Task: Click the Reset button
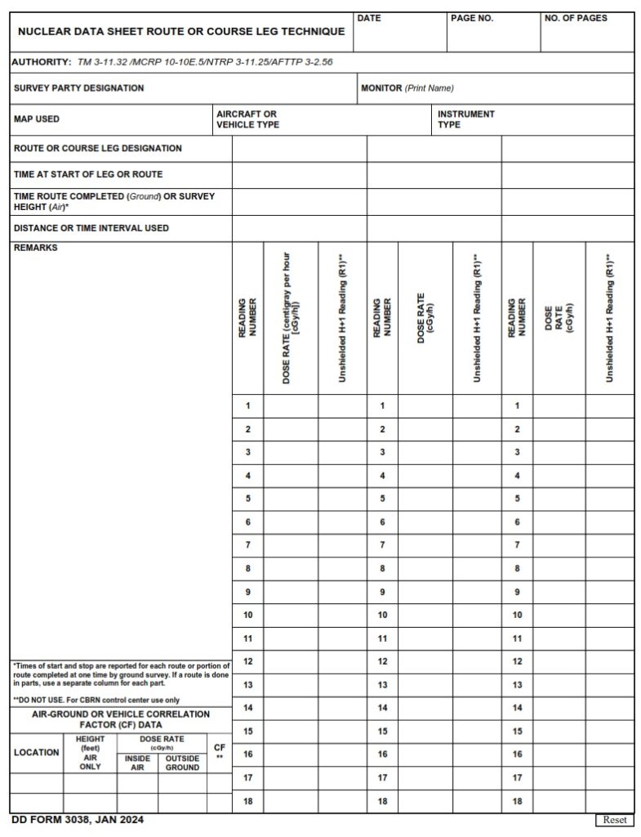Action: [614, 820]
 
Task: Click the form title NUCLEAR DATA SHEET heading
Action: [181, 31]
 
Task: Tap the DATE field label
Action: [369, 18]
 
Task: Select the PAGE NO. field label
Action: [471, 18]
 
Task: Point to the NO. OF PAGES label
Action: [575, 18]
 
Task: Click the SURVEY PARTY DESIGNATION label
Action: [78, 88]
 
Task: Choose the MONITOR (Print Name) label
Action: [407, 88]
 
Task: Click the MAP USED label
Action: [37, 119]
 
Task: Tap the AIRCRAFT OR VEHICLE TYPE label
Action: [247, 119]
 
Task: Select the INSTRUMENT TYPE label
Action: [465, 119]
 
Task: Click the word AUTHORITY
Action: [42, 62]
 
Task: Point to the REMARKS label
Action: [36, 248]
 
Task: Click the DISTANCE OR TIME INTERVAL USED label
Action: [91, 228]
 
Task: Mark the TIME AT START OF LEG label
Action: [88, 174]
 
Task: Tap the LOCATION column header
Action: [36, 753]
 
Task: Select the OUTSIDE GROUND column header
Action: [182, 763]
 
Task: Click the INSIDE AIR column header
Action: [137, 763]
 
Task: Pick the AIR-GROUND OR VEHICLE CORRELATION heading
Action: [120, 719]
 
